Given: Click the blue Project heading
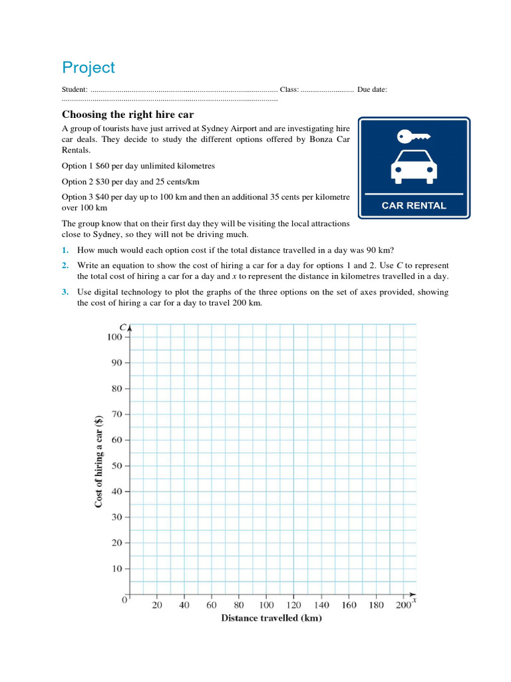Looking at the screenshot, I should tap(88, 68).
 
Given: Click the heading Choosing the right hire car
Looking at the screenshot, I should tap(127, 114).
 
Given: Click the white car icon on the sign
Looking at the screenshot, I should tap(414, 166).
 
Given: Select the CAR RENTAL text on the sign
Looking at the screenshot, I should tap(414, 206).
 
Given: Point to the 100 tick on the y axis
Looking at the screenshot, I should tap(115, 337).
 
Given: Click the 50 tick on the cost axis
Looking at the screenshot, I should tap(116, 466).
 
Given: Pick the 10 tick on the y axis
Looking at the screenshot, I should tap(116, 569).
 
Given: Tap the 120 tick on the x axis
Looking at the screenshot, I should tap(293, 605).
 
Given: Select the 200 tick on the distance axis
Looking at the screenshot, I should tap(403, 605).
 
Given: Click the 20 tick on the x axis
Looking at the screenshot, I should tap(157, 605).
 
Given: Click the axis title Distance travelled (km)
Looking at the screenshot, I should tap(271, 618).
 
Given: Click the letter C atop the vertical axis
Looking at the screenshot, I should tap(123, 326).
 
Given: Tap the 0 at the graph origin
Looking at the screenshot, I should tap(124, 600).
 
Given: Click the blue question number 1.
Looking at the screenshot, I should tap(65, 250).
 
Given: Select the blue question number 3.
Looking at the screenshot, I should tap(65, 292).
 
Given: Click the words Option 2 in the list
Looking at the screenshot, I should tap(75, 181).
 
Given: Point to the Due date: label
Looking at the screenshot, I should tap(372, 89).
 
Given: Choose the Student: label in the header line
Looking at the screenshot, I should tap(75, 89).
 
